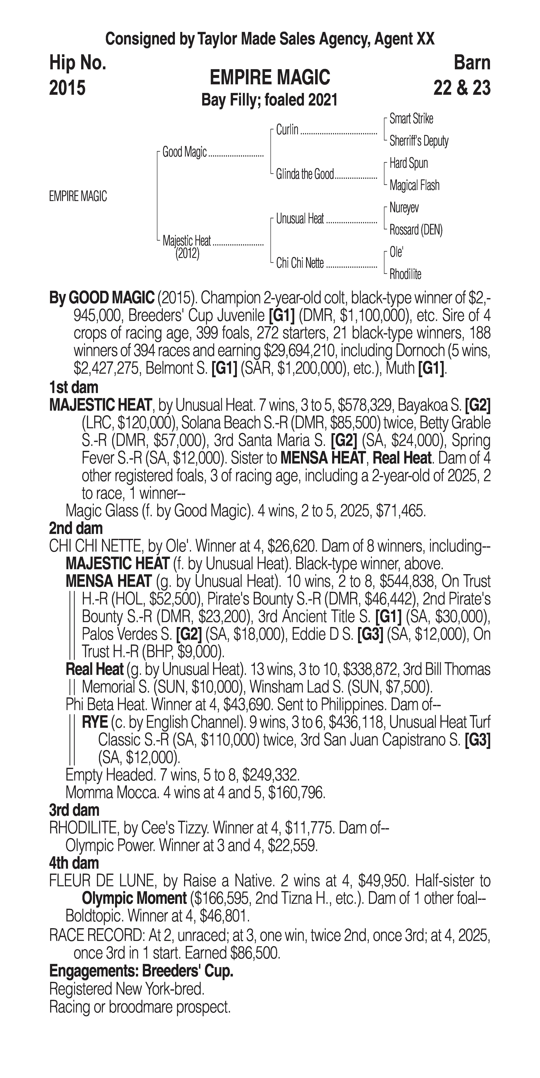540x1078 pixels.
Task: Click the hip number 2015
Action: point(67,88)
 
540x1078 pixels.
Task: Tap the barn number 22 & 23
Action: point(462,88)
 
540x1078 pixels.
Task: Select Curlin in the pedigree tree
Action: point(287,130)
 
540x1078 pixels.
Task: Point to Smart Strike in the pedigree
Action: point(411,119)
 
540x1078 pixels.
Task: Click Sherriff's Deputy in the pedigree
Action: point(419,141)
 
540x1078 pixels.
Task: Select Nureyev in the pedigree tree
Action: point(404,208)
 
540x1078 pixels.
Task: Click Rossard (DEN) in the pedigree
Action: point(416,230)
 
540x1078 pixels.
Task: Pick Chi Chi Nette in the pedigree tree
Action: point(300,263)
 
